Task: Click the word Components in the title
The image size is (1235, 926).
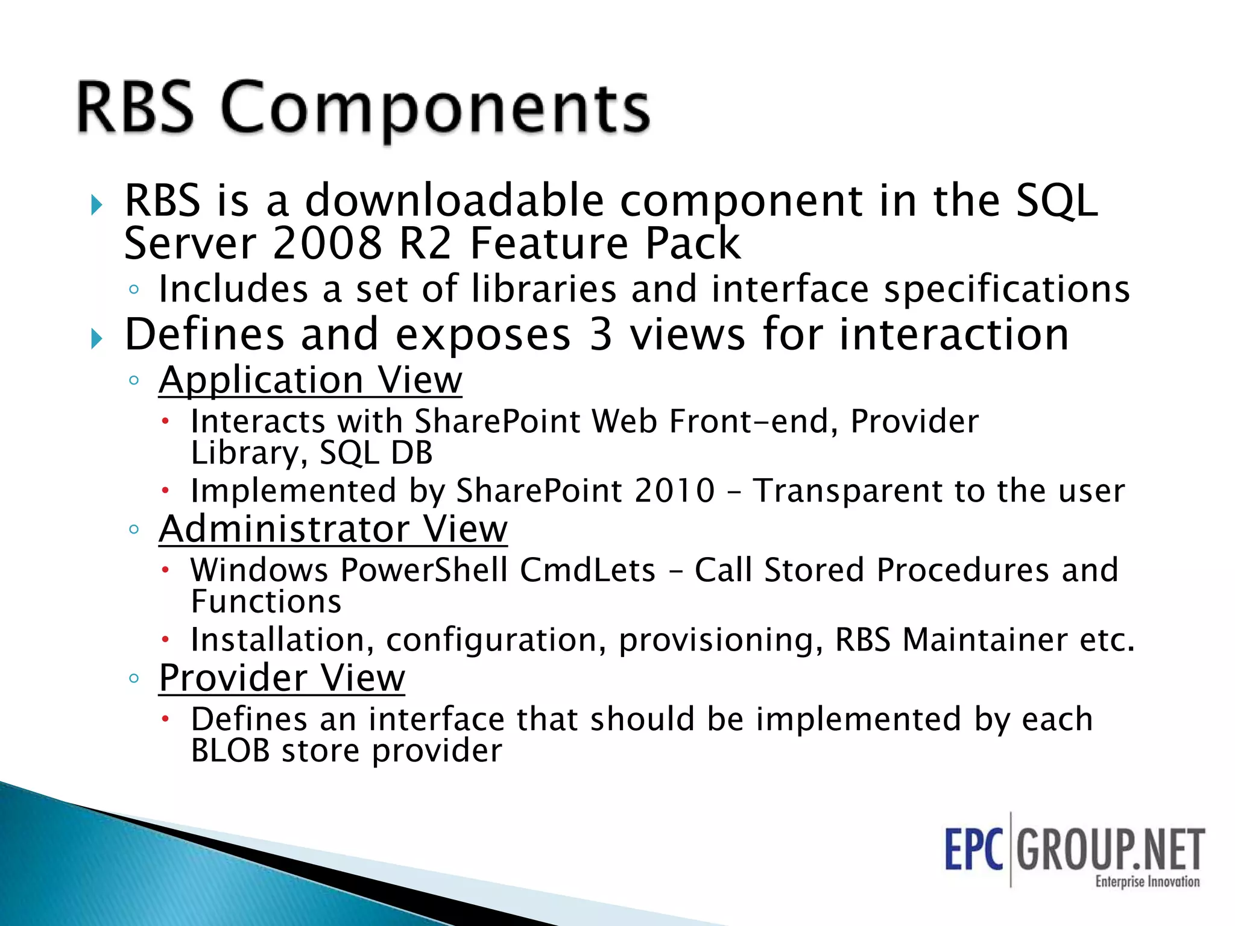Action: click(435, 109)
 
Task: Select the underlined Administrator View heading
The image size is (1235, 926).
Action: click(333, 529)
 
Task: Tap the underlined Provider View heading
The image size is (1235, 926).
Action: click(282, 678)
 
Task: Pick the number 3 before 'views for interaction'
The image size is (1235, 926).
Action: click(600, 335)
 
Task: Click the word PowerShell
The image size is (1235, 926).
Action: click(424, 570)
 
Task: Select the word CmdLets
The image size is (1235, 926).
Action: click(587, 570)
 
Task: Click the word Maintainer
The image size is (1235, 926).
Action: click(985, 640)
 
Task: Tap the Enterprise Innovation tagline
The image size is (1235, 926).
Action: click(1147, 881)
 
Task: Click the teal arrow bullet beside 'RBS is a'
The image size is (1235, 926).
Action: click(96, 205)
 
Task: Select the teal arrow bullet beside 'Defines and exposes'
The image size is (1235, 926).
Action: click(96, 339)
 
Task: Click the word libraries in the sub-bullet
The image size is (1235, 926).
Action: click(543, 289)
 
